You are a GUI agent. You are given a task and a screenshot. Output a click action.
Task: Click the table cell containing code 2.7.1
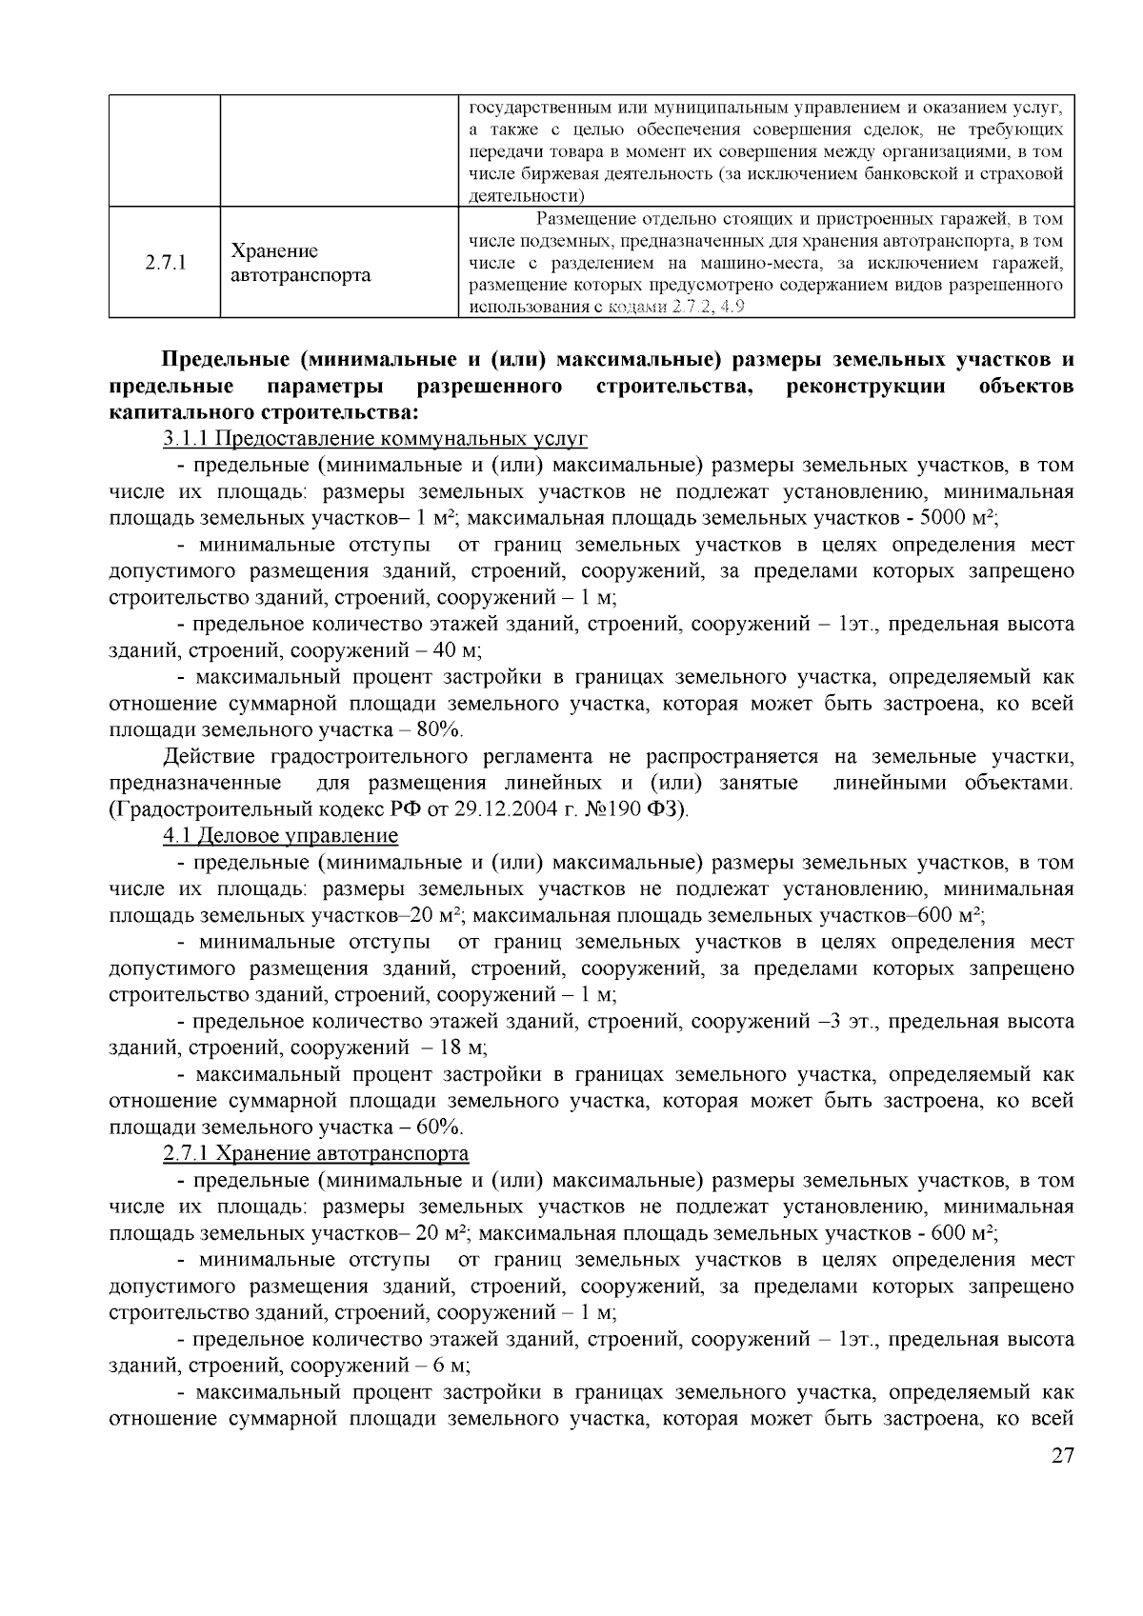click(x=165, y=263)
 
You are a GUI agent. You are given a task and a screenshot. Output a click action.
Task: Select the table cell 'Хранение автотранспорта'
click(x=301, y=263)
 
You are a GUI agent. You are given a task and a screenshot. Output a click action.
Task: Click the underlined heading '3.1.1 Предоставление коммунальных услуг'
click(x=375, y=439)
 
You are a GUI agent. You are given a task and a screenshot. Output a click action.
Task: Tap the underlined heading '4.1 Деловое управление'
click(x=280, y=836)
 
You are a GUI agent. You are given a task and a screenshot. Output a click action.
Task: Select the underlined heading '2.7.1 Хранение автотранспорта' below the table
click(x=315, y=1154)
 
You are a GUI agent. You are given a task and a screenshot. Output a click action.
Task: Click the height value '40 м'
click(x=458, y=651)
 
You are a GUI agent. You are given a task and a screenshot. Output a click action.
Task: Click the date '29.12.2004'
click(x=519, y=810)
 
